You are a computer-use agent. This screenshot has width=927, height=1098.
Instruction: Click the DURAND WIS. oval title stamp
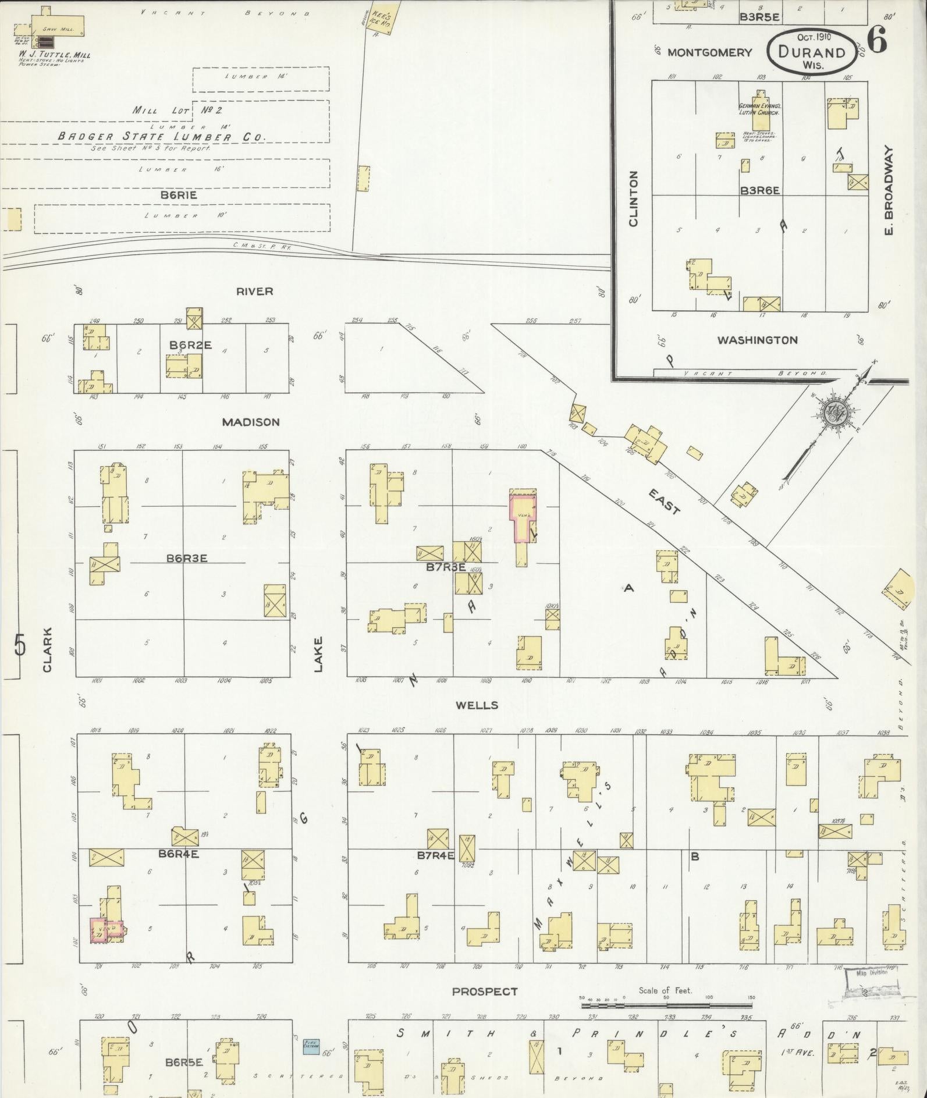coord(812,51)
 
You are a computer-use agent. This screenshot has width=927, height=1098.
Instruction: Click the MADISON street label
coord(251,422)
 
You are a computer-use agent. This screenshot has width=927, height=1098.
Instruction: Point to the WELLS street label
coord(477,705)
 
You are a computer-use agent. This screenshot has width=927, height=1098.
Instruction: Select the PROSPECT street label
coord(484,992)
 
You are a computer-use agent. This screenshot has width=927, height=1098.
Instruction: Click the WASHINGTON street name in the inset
coord(757,340)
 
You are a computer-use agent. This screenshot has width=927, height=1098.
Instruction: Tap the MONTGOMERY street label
coord(709,52)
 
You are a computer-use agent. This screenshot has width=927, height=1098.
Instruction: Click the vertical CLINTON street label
coord(634,198)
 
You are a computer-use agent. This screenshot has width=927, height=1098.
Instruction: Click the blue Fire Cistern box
coord(311,1046)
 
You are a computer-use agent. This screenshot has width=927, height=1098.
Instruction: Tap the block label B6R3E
coord(187,558)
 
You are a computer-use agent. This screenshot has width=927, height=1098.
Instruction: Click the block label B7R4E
coord(435,856)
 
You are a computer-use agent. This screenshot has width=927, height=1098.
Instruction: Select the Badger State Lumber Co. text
coord(162,137)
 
